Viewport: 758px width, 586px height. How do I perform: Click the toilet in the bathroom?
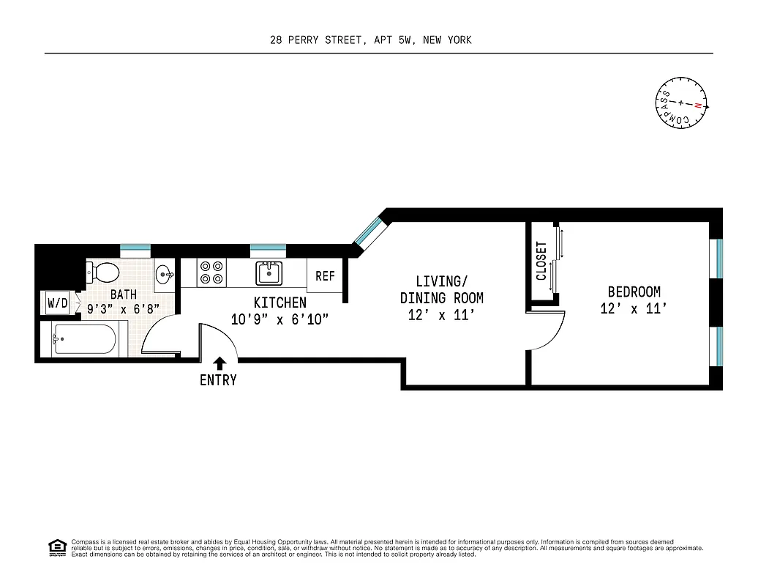tap(104, 273)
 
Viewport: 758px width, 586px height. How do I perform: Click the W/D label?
tap(57, 303)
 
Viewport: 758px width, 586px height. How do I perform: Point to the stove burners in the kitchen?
tap(211, 272)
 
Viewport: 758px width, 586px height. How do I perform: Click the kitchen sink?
tap(269, 272)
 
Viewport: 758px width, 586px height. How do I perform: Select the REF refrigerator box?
tap(325, 276)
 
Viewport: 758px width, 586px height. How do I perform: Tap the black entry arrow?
tap(219, 362)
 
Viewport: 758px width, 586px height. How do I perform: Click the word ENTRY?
tap(218, 380)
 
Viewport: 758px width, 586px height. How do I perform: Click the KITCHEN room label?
tap(279, 303)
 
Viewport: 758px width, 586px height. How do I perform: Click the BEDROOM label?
tap(634, 292)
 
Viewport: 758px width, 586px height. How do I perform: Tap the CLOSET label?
tap(541, 262)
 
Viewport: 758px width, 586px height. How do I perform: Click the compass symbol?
tap(681, 103)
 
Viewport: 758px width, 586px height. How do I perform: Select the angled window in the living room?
tap(367, 231)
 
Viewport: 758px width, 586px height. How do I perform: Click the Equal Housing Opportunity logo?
tap(56, 546)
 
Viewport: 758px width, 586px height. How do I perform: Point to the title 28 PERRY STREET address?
tap(370, 40)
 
